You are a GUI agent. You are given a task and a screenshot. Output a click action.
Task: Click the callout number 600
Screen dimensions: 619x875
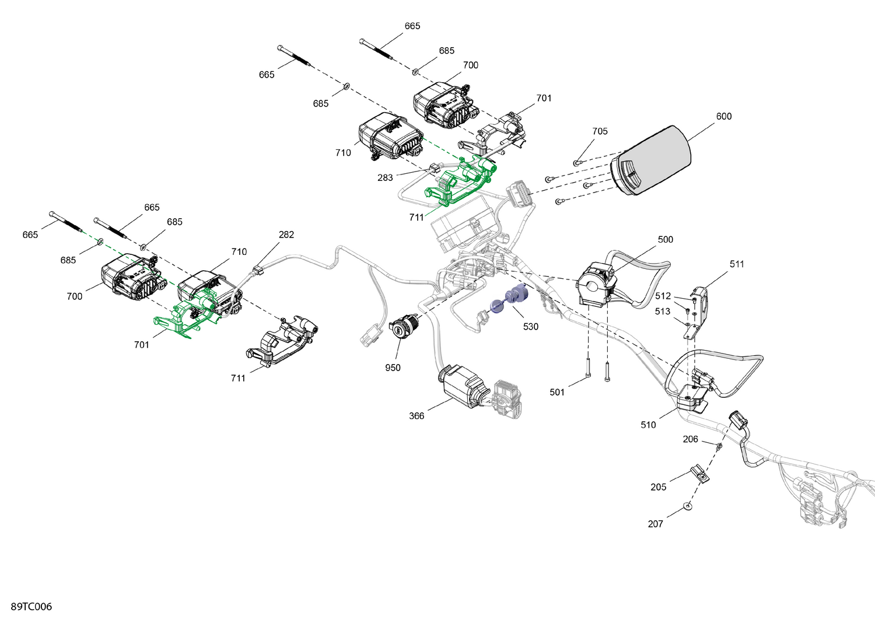coord(723,116)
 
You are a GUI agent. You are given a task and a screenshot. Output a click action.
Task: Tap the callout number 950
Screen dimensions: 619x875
coord(393,368)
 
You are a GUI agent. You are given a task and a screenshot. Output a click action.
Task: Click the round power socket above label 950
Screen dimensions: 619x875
coord(402,327)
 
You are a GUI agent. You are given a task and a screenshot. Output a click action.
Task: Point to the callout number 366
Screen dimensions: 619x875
coord(416,416)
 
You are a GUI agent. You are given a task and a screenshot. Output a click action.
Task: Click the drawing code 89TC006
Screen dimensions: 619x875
coord(32,607)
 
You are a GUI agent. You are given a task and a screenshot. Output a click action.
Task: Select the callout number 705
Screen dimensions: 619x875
coord(600,131)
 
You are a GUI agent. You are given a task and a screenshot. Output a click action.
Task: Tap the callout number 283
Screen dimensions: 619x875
coord(385,177)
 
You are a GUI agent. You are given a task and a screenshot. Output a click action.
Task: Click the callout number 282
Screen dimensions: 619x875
coord(286,235)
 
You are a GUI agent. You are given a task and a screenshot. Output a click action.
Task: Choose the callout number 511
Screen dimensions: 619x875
coord(737,264)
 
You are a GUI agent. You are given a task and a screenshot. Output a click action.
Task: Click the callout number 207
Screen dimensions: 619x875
coord(655,524)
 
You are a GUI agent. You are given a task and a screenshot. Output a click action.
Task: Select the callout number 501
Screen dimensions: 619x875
coord(557,392)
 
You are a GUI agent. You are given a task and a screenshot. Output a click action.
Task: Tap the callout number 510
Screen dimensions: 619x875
coord(648,425)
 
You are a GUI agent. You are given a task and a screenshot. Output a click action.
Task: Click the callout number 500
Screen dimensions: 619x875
coord(665,240)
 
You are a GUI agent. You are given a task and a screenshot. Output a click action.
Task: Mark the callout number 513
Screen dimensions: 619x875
coord(662,312)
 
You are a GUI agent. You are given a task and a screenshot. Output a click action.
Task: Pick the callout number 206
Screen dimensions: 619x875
coord(690,439)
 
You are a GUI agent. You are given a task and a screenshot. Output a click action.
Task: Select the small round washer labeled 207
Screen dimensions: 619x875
coord(688,506)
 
